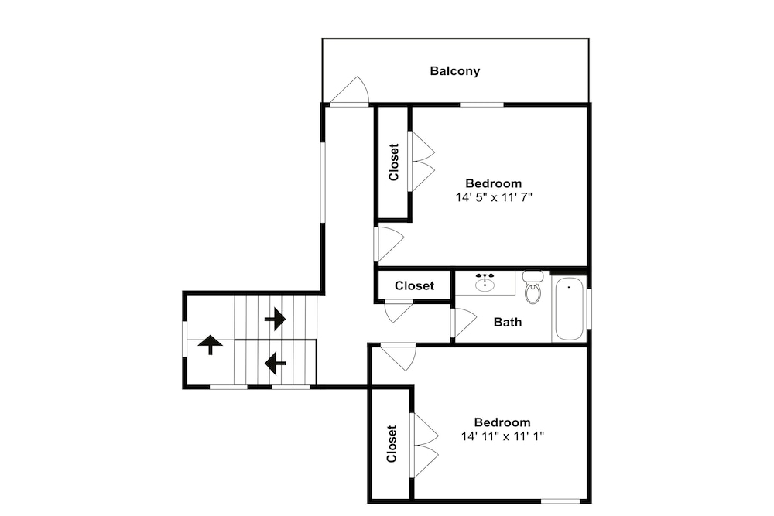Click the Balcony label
454,71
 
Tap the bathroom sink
485,282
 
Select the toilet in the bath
533,286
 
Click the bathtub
569,309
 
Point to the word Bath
508,322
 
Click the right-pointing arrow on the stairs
275,319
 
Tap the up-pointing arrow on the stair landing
211,344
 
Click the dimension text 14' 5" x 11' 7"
494,198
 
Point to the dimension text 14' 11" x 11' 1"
502,436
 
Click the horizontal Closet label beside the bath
415,285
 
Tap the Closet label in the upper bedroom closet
393,162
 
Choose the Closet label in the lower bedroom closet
392,444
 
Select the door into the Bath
464,323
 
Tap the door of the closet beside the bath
398,311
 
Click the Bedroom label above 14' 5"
494,183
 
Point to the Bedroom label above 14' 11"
502,422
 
